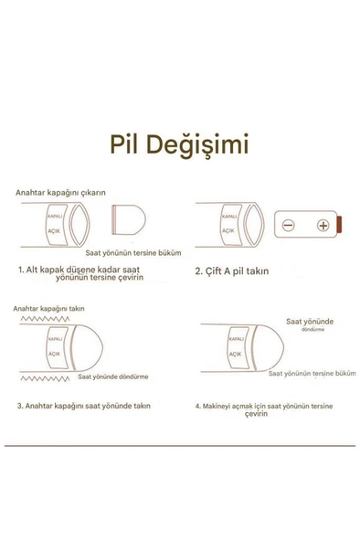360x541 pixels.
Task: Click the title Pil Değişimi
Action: pos(179,145)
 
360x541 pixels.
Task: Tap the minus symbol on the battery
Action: pos(289,226)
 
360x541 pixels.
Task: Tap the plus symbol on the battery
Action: pos(323,226)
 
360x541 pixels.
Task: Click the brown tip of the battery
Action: pos(339,224)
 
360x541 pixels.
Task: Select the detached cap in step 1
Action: pos(129,219)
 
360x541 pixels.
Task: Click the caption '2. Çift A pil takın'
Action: pos(232,271)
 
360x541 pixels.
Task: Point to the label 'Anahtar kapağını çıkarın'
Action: pos(60,193)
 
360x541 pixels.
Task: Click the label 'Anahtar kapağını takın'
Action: pos(48,309)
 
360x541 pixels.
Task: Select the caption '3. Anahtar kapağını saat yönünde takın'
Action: pos(84,406)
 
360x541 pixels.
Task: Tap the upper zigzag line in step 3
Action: pos(45,319)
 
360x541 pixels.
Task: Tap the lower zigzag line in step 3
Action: pos(45,379)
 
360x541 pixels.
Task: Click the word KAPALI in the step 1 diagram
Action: pos(55,217)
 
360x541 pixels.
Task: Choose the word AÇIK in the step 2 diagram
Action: pos(228,230)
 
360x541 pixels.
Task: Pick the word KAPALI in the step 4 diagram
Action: pos(237,339)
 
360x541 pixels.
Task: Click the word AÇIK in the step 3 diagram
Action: pos(54,354)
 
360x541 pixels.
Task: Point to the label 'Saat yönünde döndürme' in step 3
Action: pos(113,377)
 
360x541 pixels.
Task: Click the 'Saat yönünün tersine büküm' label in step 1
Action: pos(133,253)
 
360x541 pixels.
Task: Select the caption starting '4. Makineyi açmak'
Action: pos(264,409)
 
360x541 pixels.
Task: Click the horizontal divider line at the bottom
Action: pos(180,446)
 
